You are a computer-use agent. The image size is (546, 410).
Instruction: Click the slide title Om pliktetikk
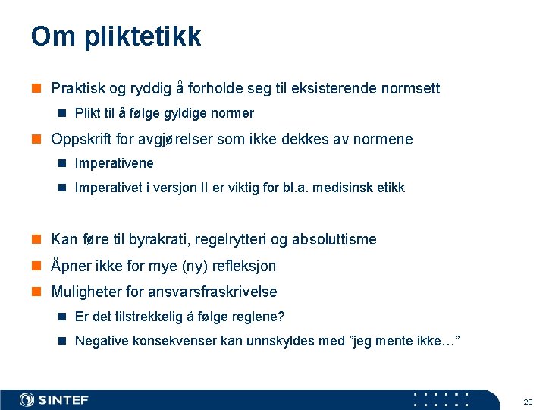click(116, 36)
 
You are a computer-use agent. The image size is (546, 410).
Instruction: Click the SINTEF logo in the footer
click(54, 400)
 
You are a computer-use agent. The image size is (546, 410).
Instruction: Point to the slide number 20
click(528, 401)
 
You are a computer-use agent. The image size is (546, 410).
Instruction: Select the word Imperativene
click(114, 163)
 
